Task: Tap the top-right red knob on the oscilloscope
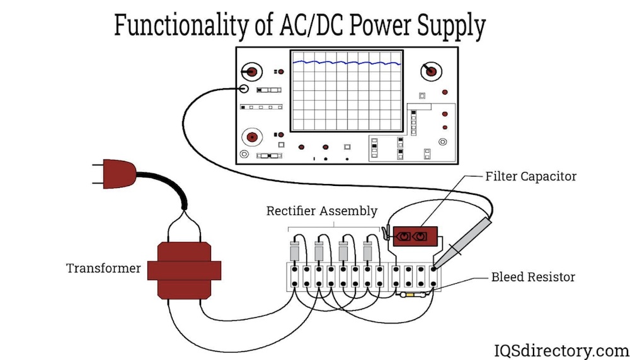tap(431, 71)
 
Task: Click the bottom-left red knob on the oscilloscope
tap(253, 136)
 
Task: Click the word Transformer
tap(103, 269)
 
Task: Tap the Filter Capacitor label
tap(530, 177)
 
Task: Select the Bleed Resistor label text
tap(533, 277)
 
